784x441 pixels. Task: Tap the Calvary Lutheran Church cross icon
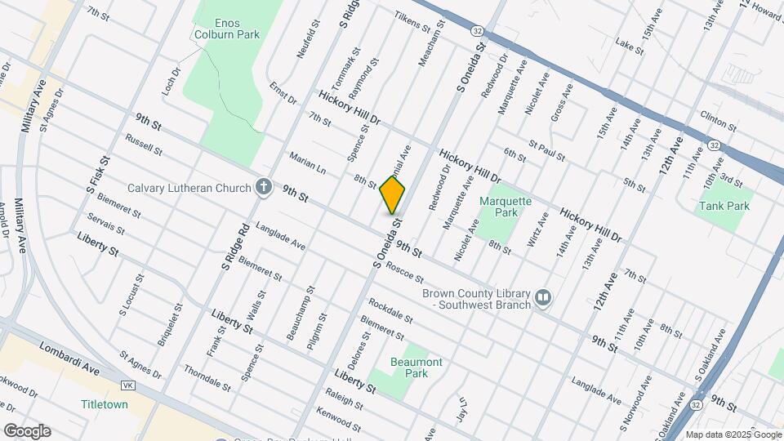point(263,188)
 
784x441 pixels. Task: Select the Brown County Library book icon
point(542,299)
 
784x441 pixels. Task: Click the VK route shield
point(127,385)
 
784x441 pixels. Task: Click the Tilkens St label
point(412,21)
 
